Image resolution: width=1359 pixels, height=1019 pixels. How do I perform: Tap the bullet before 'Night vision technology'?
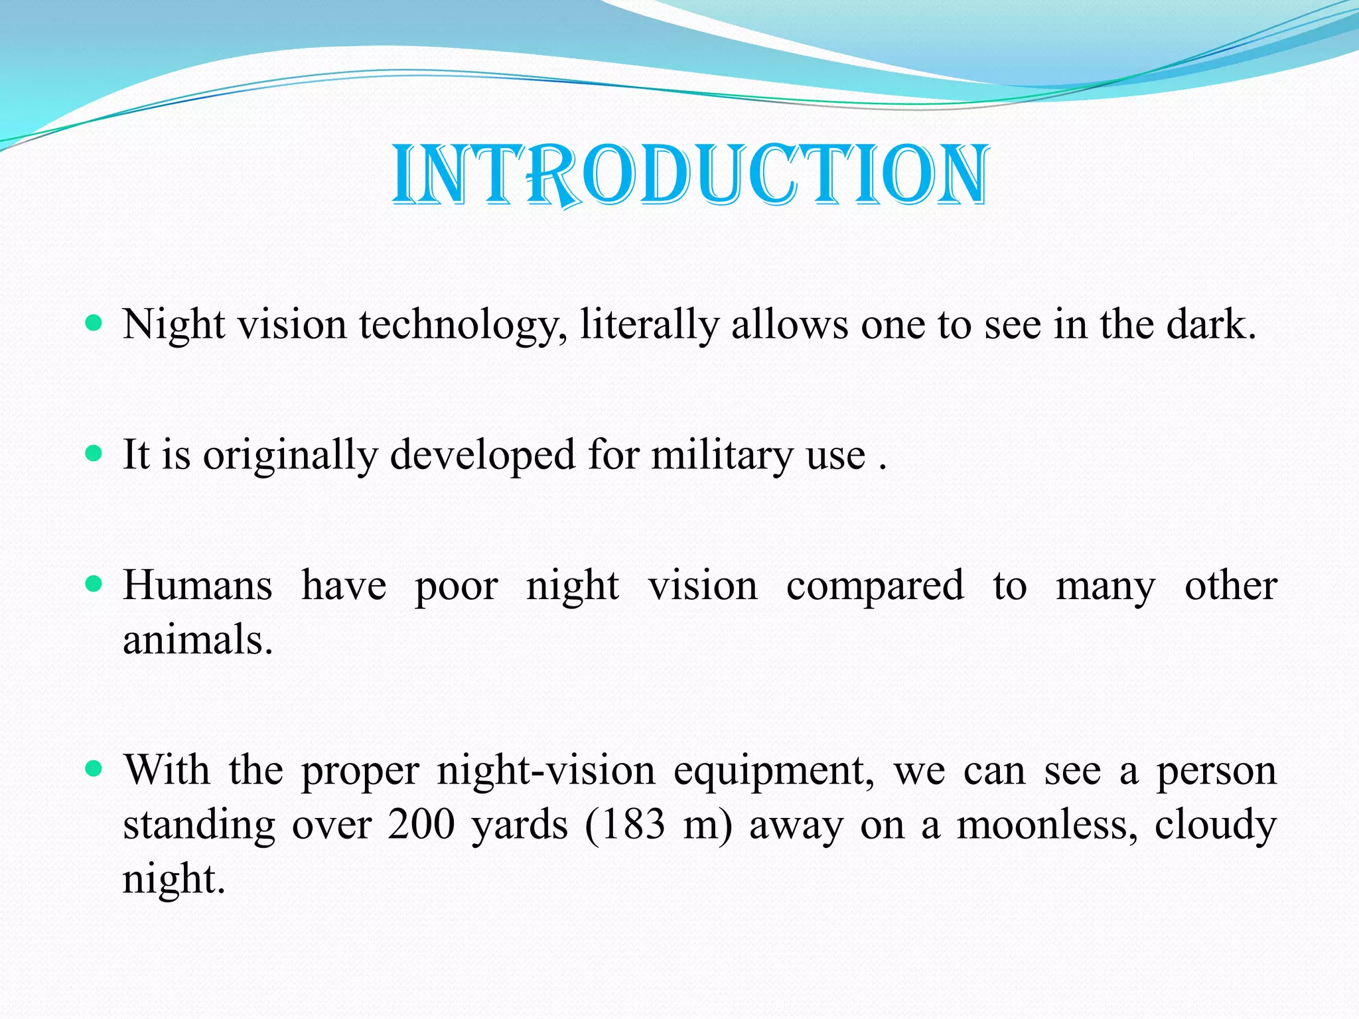[94, 324]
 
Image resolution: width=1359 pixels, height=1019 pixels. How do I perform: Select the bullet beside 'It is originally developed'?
[94, 454]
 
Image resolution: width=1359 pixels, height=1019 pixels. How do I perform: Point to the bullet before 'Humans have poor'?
[94, 584]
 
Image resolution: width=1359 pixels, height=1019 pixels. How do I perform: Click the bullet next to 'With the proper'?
[94, 770]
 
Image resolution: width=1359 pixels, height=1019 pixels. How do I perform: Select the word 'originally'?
[290, 456]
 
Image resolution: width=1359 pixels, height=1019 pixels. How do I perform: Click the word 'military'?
[721, 456]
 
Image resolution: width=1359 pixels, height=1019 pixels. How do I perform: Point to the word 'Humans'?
[198, 586]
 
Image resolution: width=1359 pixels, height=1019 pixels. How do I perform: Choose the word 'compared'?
[875, 587]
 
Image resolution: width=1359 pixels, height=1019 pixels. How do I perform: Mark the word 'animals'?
[197, 640]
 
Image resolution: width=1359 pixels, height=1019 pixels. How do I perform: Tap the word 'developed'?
[482, 456]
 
